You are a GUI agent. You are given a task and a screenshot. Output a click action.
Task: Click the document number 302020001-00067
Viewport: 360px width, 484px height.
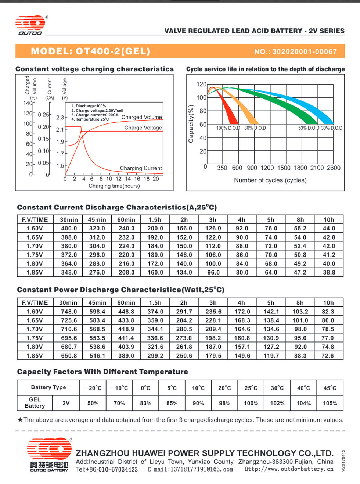[x=305, y=51]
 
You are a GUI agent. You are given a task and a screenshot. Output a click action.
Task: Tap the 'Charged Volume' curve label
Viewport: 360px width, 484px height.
[x=141, y=117]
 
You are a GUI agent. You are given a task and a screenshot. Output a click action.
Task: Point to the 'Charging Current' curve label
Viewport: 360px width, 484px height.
[x=141, y=168]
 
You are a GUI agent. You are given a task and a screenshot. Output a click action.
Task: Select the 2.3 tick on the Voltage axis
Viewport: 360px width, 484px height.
[x=60, y=118]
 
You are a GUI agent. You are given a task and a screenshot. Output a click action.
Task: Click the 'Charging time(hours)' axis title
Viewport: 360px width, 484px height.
[x=114, y=186]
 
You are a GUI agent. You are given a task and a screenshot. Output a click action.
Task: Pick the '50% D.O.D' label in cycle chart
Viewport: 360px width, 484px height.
[x=309, y=128]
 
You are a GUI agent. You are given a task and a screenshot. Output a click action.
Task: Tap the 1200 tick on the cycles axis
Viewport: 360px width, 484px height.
[x=267, y=168]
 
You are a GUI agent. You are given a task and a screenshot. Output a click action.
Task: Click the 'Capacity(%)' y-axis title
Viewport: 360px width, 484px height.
[x=191, y=124]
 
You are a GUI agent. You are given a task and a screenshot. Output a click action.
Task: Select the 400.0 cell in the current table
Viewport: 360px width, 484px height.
[x=69, y=228]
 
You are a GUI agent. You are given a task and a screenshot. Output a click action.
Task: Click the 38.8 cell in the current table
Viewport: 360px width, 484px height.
[x=329, y=272]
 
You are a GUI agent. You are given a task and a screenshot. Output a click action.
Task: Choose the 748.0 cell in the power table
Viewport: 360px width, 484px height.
[x=69, y=312]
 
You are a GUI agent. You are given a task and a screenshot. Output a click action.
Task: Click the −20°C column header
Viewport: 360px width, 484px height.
[x=93, y=388]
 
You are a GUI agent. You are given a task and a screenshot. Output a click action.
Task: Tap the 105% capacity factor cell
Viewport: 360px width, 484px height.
[x=330, y=403]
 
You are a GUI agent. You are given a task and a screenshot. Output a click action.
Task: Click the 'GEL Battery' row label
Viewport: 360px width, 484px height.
[x=35, y=403]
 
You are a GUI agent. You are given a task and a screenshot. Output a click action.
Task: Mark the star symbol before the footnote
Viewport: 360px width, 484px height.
[x=20, y=420]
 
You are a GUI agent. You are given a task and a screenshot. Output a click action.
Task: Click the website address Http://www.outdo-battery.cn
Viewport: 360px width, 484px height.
[x=289, y=469]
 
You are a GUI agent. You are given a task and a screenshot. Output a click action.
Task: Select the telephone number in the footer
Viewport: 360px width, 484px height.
[x=107, y=469]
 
